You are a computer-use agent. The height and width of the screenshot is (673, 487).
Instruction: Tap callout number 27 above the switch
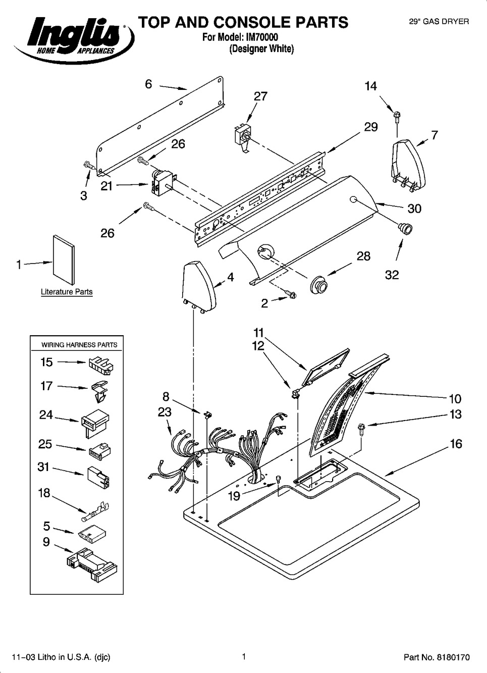260,96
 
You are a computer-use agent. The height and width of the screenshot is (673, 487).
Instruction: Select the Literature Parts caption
67,292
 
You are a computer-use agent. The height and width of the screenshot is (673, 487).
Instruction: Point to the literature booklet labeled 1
64,260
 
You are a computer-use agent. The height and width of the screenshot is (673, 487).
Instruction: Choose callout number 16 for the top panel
456,444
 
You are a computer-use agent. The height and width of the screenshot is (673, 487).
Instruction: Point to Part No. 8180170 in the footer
437,657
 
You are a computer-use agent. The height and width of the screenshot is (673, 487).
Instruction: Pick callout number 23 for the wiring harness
165,412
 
